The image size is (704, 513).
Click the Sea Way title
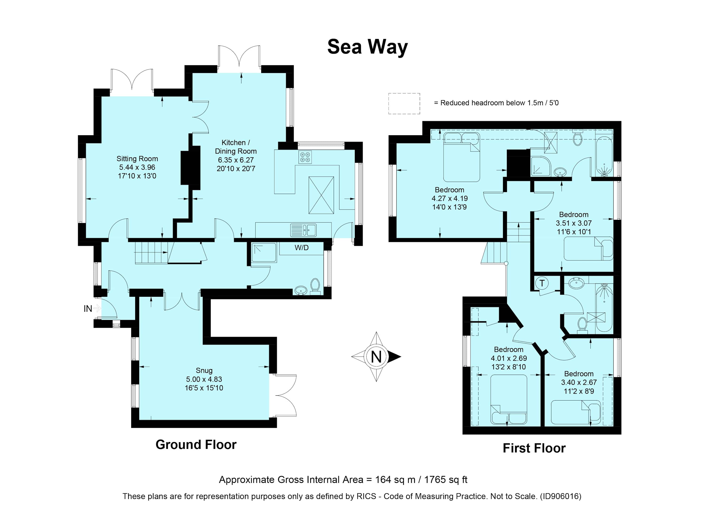[x=367, y=47]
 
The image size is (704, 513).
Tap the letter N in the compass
[x=376, y=357]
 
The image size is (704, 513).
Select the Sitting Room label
[x=137, y=159]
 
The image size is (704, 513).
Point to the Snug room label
[x=204, y=370]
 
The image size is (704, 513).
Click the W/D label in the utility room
[x=301, y=248]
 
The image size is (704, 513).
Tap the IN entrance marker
[x=88, y=309]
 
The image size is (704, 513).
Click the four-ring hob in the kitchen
[x=305, y=157]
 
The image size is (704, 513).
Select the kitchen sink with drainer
[x=303, y=230]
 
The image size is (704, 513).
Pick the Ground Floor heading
[x=196, y=445]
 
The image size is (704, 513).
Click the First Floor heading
[x=534, y=448]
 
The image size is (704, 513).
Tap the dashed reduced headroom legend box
[x=404, y=104]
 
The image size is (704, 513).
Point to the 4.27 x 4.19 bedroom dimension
[x=449, y=198]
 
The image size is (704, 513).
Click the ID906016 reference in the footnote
[x=560, y=497]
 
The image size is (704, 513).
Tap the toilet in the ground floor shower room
[x=315, y=285]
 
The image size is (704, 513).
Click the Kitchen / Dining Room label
[x=236, y=147]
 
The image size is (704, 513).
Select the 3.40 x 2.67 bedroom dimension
[x=579, y=382]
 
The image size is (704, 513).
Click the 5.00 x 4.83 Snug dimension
[x=204, y=379]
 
